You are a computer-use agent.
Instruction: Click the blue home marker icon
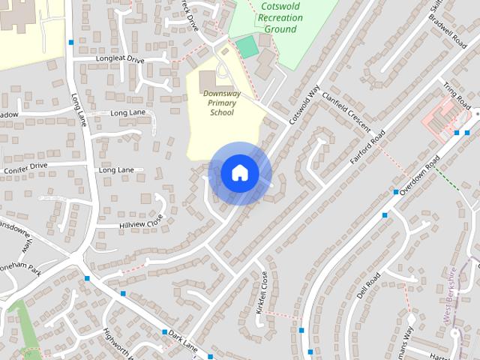tap(239, 173)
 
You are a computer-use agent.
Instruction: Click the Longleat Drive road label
tap(119, 58)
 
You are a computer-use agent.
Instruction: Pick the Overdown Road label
tap(418, 177)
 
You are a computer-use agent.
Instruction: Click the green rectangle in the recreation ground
tap(247, 46)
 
